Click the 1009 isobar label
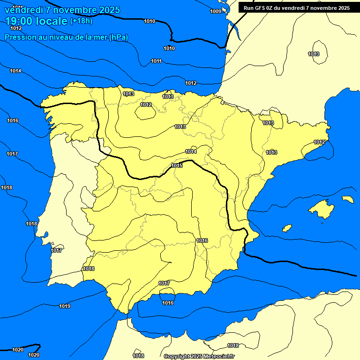point(216,11)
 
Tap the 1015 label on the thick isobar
point(177,165)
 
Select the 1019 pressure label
point(65,306)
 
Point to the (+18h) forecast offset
point(81,21)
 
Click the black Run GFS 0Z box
point(297,8)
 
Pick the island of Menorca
point(347,199)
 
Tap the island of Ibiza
point(287,228)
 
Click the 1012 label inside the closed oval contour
point(146,105)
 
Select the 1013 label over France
point(314,54)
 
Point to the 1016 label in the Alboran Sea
point(168,303)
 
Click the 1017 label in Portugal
point(56,250)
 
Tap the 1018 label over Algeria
point(233,345)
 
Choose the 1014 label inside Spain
point(191,151)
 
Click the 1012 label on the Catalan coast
point(319,142)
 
